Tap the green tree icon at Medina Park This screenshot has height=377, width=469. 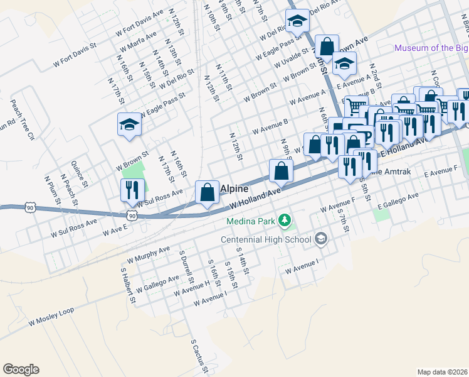click(285, 220)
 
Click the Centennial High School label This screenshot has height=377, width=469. click(266, 239)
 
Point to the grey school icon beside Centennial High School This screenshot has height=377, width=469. click(321, 238)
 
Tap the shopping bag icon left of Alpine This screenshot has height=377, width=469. click(207, 192)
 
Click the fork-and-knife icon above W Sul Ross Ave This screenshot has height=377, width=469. click(132, 190)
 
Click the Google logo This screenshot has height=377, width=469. click(21, 369)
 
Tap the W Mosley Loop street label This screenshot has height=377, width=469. click(51, 317)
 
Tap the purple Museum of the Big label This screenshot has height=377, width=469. click(431, 48)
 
